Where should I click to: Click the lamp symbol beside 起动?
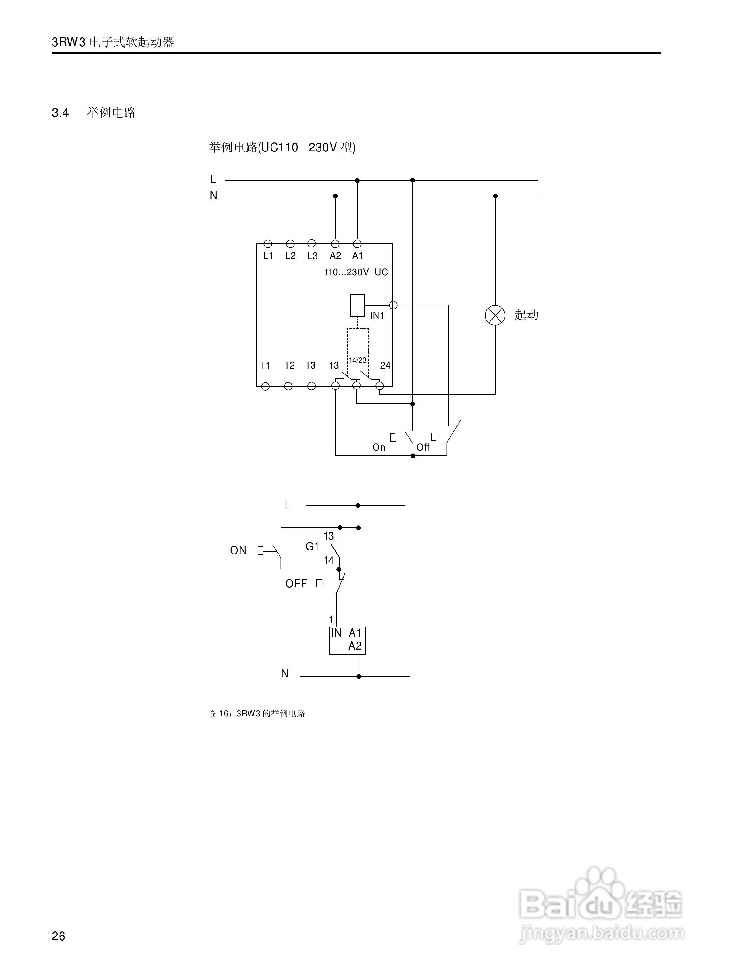495,315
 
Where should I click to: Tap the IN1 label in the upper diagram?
377,315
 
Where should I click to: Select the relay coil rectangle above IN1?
357,305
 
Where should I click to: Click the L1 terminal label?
268,256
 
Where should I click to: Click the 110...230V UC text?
356,272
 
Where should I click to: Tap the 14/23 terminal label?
358,360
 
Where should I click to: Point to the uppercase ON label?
238,550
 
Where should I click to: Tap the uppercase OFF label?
296,583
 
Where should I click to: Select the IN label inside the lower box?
336,633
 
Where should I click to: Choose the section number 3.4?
60,113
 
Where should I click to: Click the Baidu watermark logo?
601,898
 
